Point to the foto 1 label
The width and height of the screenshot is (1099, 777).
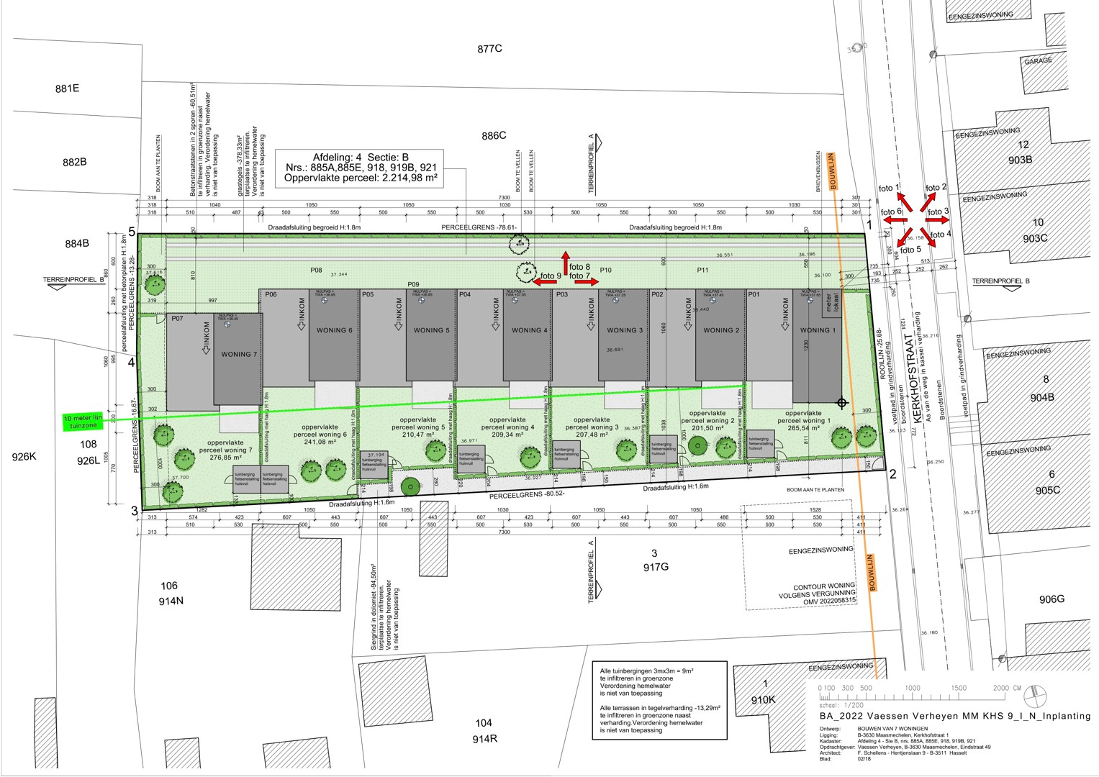889,189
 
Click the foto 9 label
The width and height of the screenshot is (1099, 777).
551,276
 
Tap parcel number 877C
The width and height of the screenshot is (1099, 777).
489,49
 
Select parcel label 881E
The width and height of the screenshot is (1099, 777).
67,88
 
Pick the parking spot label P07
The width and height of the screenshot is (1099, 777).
177,318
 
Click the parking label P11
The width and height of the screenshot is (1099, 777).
702,270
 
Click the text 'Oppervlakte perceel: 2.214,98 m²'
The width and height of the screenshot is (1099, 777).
361,178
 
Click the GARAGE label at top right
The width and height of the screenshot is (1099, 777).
1038,61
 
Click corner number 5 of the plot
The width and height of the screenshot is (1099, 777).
132,232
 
